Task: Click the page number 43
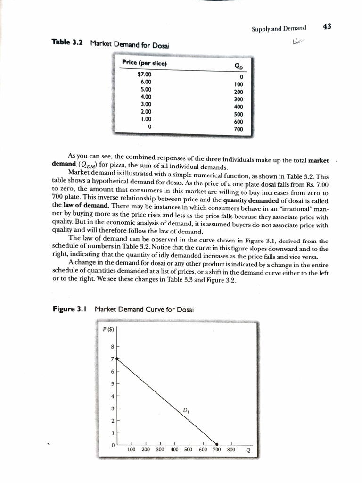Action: coord(327,26)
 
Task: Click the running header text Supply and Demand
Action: coord(279,28)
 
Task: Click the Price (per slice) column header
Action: coord(144,63)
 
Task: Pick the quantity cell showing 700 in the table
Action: coord(238,128)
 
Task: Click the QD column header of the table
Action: coord(239,67)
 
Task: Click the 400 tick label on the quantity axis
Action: coord(174,450)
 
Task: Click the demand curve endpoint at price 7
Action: coord(117,359)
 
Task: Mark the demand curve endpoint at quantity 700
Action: coord(217,443)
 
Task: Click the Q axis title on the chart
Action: coord(248,450)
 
